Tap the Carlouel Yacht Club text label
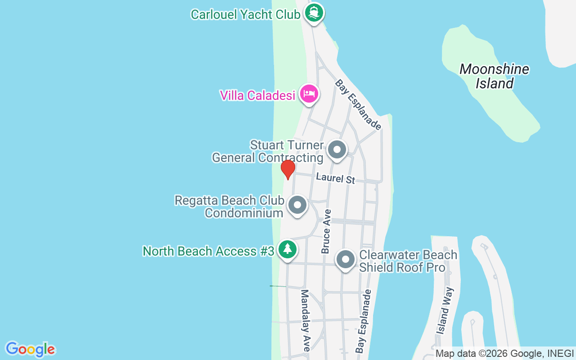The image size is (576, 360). point(245,14)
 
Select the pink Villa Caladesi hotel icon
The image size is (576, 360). point(309,94)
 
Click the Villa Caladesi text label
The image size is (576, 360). point(257,95)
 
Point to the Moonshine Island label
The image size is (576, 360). point(494,76)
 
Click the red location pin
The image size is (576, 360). point(288,169)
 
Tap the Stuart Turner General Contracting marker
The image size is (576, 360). point(337,150)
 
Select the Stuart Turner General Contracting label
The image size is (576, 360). point(268,152)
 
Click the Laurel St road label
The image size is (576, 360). point(335,178)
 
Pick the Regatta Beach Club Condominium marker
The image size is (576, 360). point(297,205)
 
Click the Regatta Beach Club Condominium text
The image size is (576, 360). point(229,206)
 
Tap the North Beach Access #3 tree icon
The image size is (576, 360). point(287,249)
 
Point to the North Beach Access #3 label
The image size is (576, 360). point(208,251)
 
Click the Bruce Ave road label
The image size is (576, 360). point(326,231)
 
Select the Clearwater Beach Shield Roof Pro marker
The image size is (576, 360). point(345,260)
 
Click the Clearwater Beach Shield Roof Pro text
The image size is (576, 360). point(408,261)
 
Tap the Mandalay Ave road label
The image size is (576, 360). point(306,320)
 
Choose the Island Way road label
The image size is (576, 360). point(445,310)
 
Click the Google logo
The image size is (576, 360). point(30,349)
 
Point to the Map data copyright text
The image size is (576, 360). point(504,354)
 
